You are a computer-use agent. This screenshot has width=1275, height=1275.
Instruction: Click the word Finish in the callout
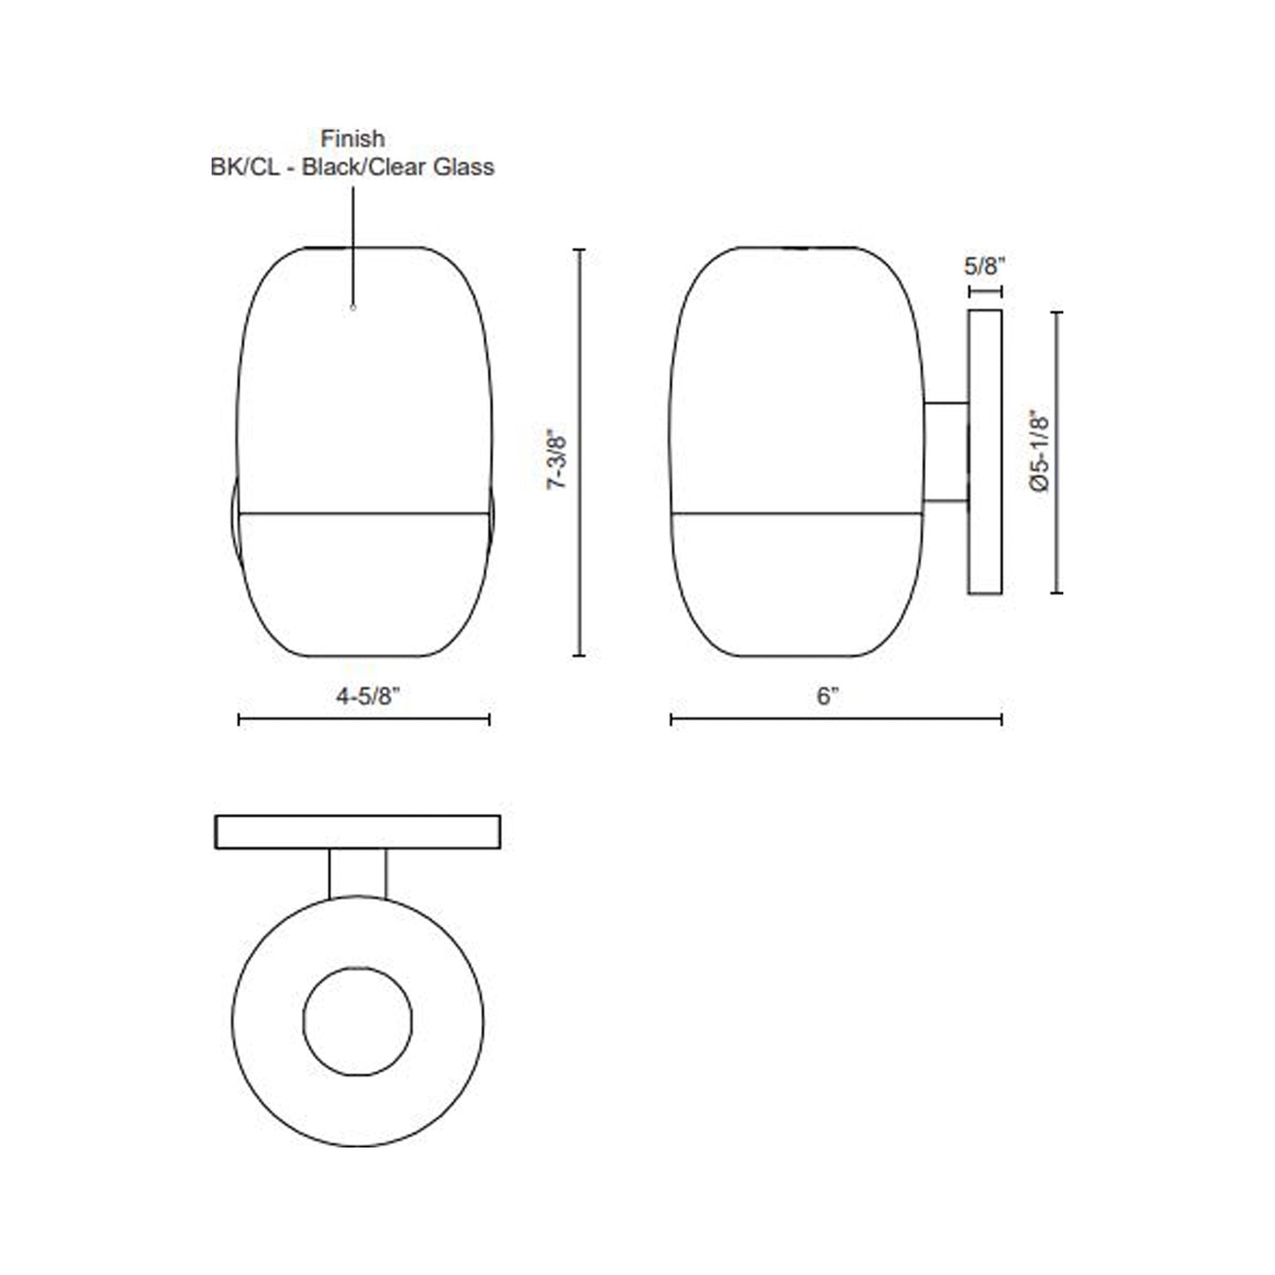click(352, 139)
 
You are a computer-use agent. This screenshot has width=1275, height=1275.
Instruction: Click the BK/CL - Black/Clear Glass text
click(352, 167)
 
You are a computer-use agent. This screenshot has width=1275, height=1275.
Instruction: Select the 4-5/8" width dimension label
click(368, 696)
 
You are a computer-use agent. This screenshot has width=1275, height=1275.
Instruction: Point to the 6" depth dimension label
click(827, 696)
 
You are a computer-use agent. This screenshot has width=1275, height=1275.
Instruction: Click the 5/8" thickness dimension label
click(985, 266)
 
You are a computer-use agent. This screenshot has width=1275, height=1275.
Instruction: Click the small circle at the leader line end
click(353, 308)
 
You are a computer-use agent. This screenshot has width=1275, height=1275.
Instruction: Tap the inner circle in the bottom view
click(357, 1022)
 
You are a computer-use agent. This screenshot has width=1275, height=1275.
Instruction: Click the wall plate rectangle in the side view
click(985, 452)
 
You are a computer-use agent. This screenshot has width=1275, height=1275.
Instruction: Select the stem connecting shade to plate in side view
click(946, 453)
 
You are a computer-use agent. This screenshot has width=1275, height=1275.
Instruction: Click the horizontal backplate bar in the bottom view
click(357, 832)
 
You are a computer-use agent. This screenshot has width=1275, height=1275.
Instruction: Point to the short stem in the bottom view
click(357, 874)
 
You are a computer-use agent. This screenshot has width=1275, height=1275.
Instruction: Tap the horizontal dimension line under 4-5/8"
click(364, 720)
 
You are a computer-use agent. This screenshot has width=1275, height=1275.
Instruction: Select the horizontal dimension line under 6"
click(836, 720)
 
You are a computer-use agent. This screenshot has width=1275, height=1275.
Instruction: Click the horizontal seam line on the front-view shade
click(364, 513)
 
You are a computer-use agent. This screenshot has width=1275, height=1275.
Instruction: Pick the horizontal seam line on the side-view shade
click(797, 513)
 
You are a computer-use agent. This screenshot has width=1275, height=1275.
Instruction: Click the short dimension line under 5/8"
click(985, 290)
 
